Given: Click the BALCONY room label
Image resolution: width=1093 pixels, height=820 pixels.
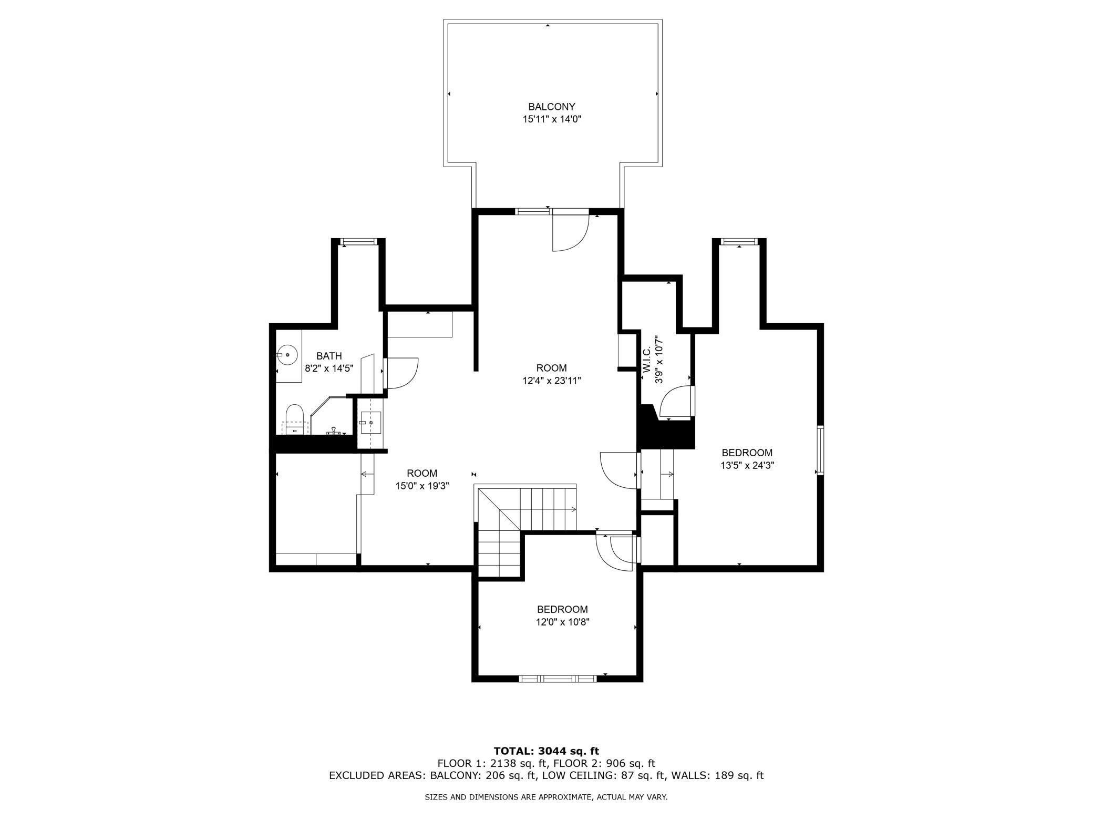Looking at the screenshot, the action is (x=552, y=107).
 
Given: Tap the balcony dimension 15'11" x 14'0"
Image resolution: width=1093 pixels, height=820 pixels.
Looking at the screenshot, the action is (x=552, y=119).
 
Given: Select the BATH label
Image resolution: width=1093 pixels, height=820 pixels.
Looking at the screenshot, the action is (x=329, y=356).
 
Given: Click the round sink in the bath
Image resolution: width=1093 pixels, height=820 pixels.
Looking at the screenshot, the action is (x=287, y=355).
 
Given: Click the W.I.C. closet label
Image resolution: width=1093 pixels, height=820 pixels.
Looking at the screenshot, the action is (x=647, y=359).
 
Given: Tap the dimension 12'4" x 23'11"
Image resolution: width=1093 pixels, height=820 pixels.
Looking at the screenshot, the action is (x=552, y=381).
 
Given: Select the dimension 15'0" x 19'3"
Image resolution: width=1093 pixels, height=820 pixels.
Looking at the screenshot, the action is (x=422, y=486).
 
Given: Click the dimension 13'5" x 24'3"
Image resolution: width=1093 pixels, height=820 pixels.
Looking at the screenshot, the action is (x=747, y=465).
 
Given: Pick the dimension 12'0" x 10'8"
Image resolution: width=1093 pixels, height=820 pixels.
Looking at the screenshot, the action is (x=562, y=622).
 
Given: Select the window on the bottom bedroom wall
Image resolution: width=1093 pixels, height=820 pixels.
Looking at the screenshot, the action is (x=558, y=679).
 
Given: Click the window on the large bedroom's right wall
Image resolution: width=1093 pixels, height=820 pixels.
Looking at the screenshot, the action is (x=820, y=450).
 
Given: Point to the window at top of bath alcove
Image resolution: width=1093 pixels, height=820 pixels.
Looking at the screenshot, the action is (x=359, y=242).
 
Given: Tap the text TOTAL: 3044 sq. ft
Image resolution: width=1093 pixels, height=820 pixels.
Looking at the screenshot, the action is (x=546, y=751).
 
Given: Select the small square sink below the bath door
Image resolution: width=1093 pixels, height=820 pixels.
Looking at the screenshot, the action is (x=370, y=423).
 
